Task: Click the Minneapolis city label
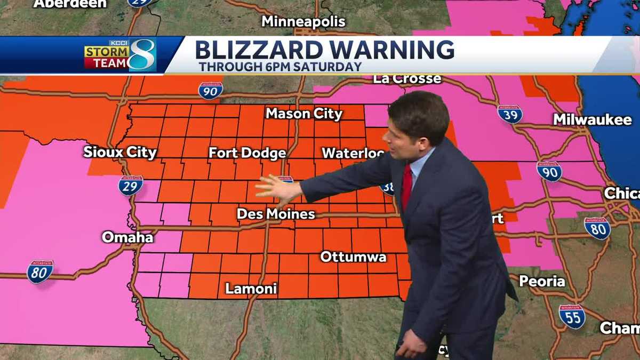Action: [x=303, y=22]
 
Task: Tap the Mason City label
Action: [x=304, y=114]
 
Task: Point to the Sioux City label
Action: [x=120, y=152]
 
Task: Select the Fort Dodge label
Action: [x=247, y=153]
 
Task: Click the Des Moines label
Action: [x=276, y=214]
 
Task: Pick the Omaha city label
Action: [x=127, y=237]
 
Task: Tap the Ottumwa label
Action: [x=353, y=257]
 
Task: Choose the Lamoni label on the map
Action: [x=251, y=289]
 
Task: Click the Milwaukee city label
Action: [x=592, y=119]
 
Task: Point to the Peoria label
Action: [x=542, y=281]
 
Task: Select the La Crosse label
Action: [x=407, y=79]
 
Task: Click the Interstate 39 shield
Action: [x=509, y=114]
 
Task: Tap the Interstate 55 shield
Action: [x=572, y=316]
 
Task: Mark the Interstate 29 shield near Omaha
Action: [x=130, y=185]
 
